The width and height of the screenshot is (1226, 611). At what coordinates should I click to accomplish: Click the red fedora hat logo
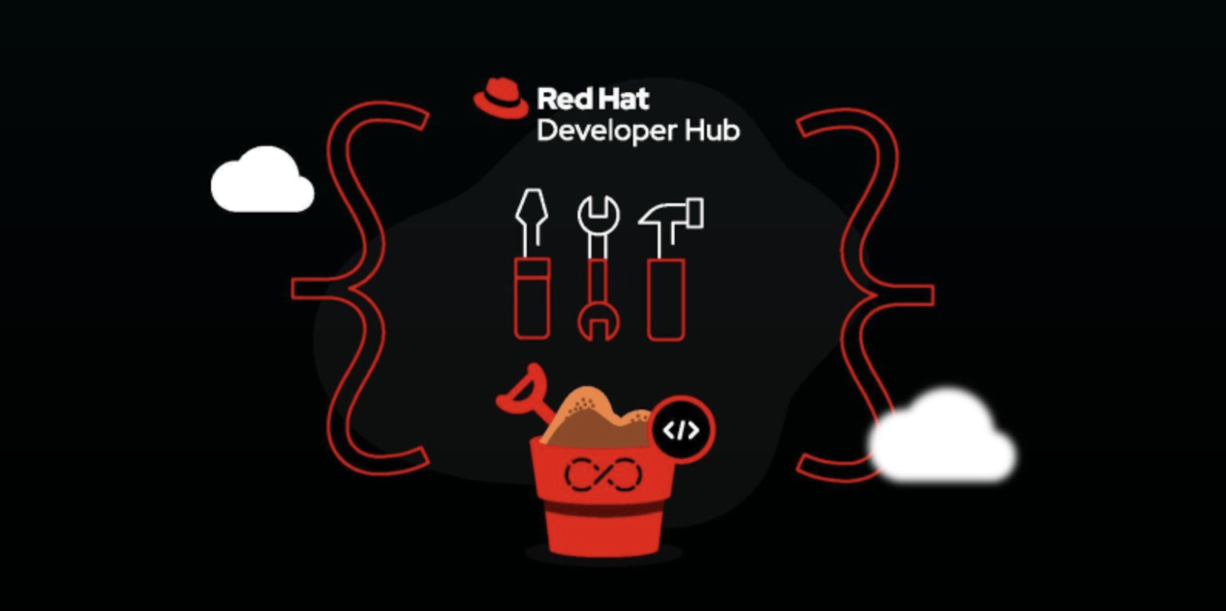point(501,99)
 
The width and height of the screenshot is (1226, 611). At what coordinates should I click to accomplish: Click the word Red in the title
point(562,99)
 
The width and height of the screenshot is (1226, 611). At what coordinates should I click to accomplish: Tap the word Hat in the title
point(622,99)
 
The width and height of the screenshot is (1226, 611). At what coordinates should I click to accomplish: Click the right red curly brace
point(876,295)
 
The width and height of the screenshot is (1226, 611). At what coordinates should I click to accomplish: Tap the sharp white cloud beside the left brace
point(262,181)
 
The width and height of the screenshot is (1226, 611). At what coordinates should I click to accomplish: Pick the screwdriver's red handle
point(532,298)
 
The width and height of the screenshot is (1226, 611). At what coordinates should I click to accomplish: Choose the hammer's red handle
point(666,300)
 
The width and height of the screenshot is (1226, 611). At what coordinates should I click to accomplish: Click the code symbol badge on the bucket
point(682,430)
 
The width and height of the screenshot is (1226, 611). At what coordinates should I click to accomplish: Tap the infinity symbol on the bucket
point(602,474)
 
